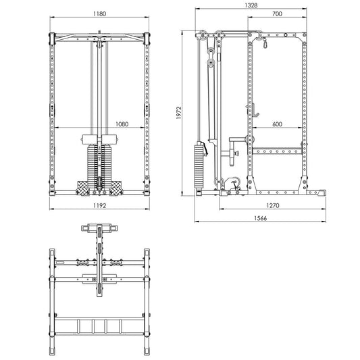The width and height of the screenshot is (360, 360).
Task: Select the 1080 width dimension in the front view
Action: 123,124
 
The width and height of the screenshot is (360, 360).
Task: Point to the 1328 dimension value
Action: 251,5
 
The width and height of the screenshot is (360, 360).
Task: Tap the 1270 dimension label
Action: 272,206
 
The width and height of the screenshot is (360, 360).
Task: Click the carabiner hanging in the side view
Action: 265,44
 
